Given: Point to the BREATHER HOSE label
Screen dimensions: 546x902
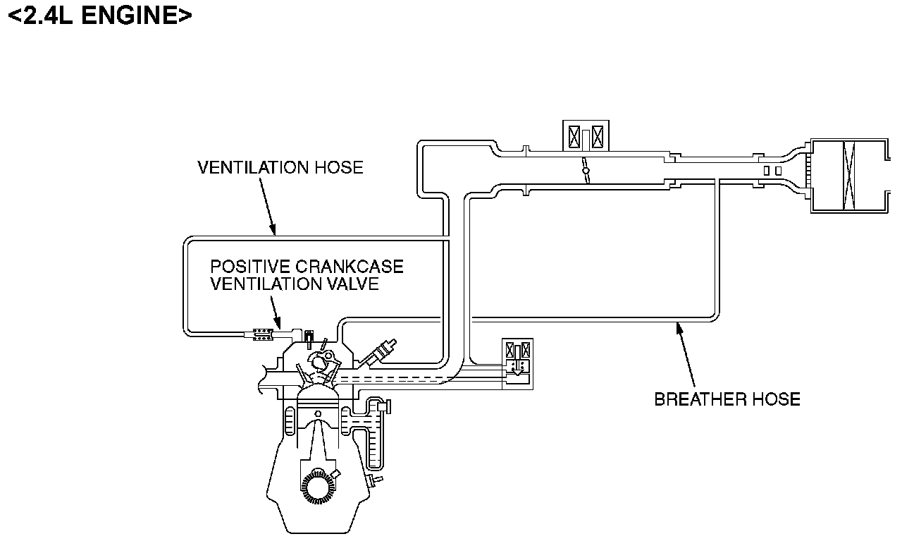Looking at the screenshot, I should pos(727,399).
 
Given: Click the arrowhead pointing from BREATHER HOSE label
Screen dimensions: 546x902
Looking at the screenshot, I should pos(678,325).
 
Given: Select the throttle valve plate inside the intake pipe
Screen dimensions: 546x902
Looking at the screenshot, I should pos(586,171).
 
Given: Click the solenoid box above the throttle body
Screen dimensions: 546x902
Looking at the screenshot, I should pos(586,135).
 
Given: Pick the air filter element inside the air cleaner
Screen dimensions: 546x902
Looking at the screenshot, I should pos(848,176).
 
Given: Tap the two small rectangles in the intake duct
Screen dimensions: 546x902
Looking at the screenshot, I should pos(772,171).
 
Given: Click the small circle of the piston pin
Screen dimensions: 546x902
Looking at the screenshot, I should pos(317,413).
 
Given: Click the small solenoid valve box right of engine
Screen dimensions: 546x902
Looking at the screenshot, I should pos(518,364).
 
